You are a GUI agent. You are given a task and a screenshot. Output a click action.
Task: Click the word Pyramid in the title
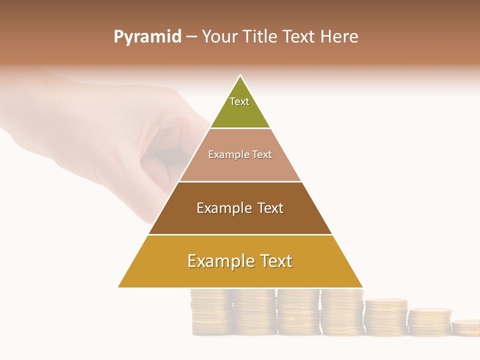tap(147, 37)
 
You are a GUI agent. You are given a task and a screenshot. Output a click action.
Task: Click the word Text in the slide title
tap(299, 37)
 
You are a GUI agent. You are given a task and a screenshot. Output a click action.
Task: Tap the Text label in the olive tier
tap(239, 101)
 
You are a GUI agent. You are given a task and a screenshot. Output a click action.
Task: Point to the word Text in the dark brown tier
tap(270, 208)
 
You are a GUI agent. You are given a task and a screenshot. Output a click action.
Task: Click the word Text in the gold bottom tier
tap(275, 261)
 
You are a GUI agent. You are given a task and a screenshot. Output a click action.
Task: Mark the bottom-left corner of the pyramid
tap(118, 287)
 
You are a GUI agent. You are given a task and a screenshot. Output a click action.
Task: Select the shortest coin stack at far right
tap(465, 327)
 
